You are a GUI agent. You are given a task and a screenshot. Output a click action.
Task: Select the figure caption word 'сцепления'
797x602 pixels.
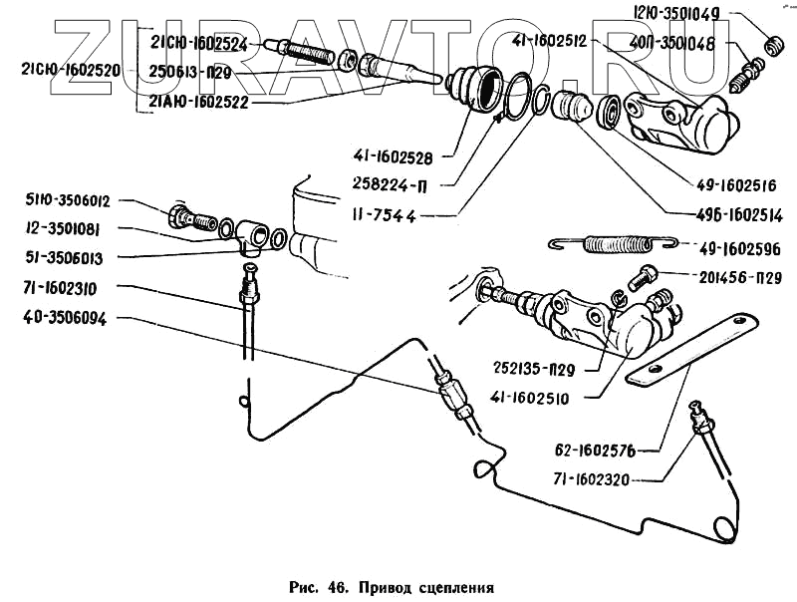(454, 587)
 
